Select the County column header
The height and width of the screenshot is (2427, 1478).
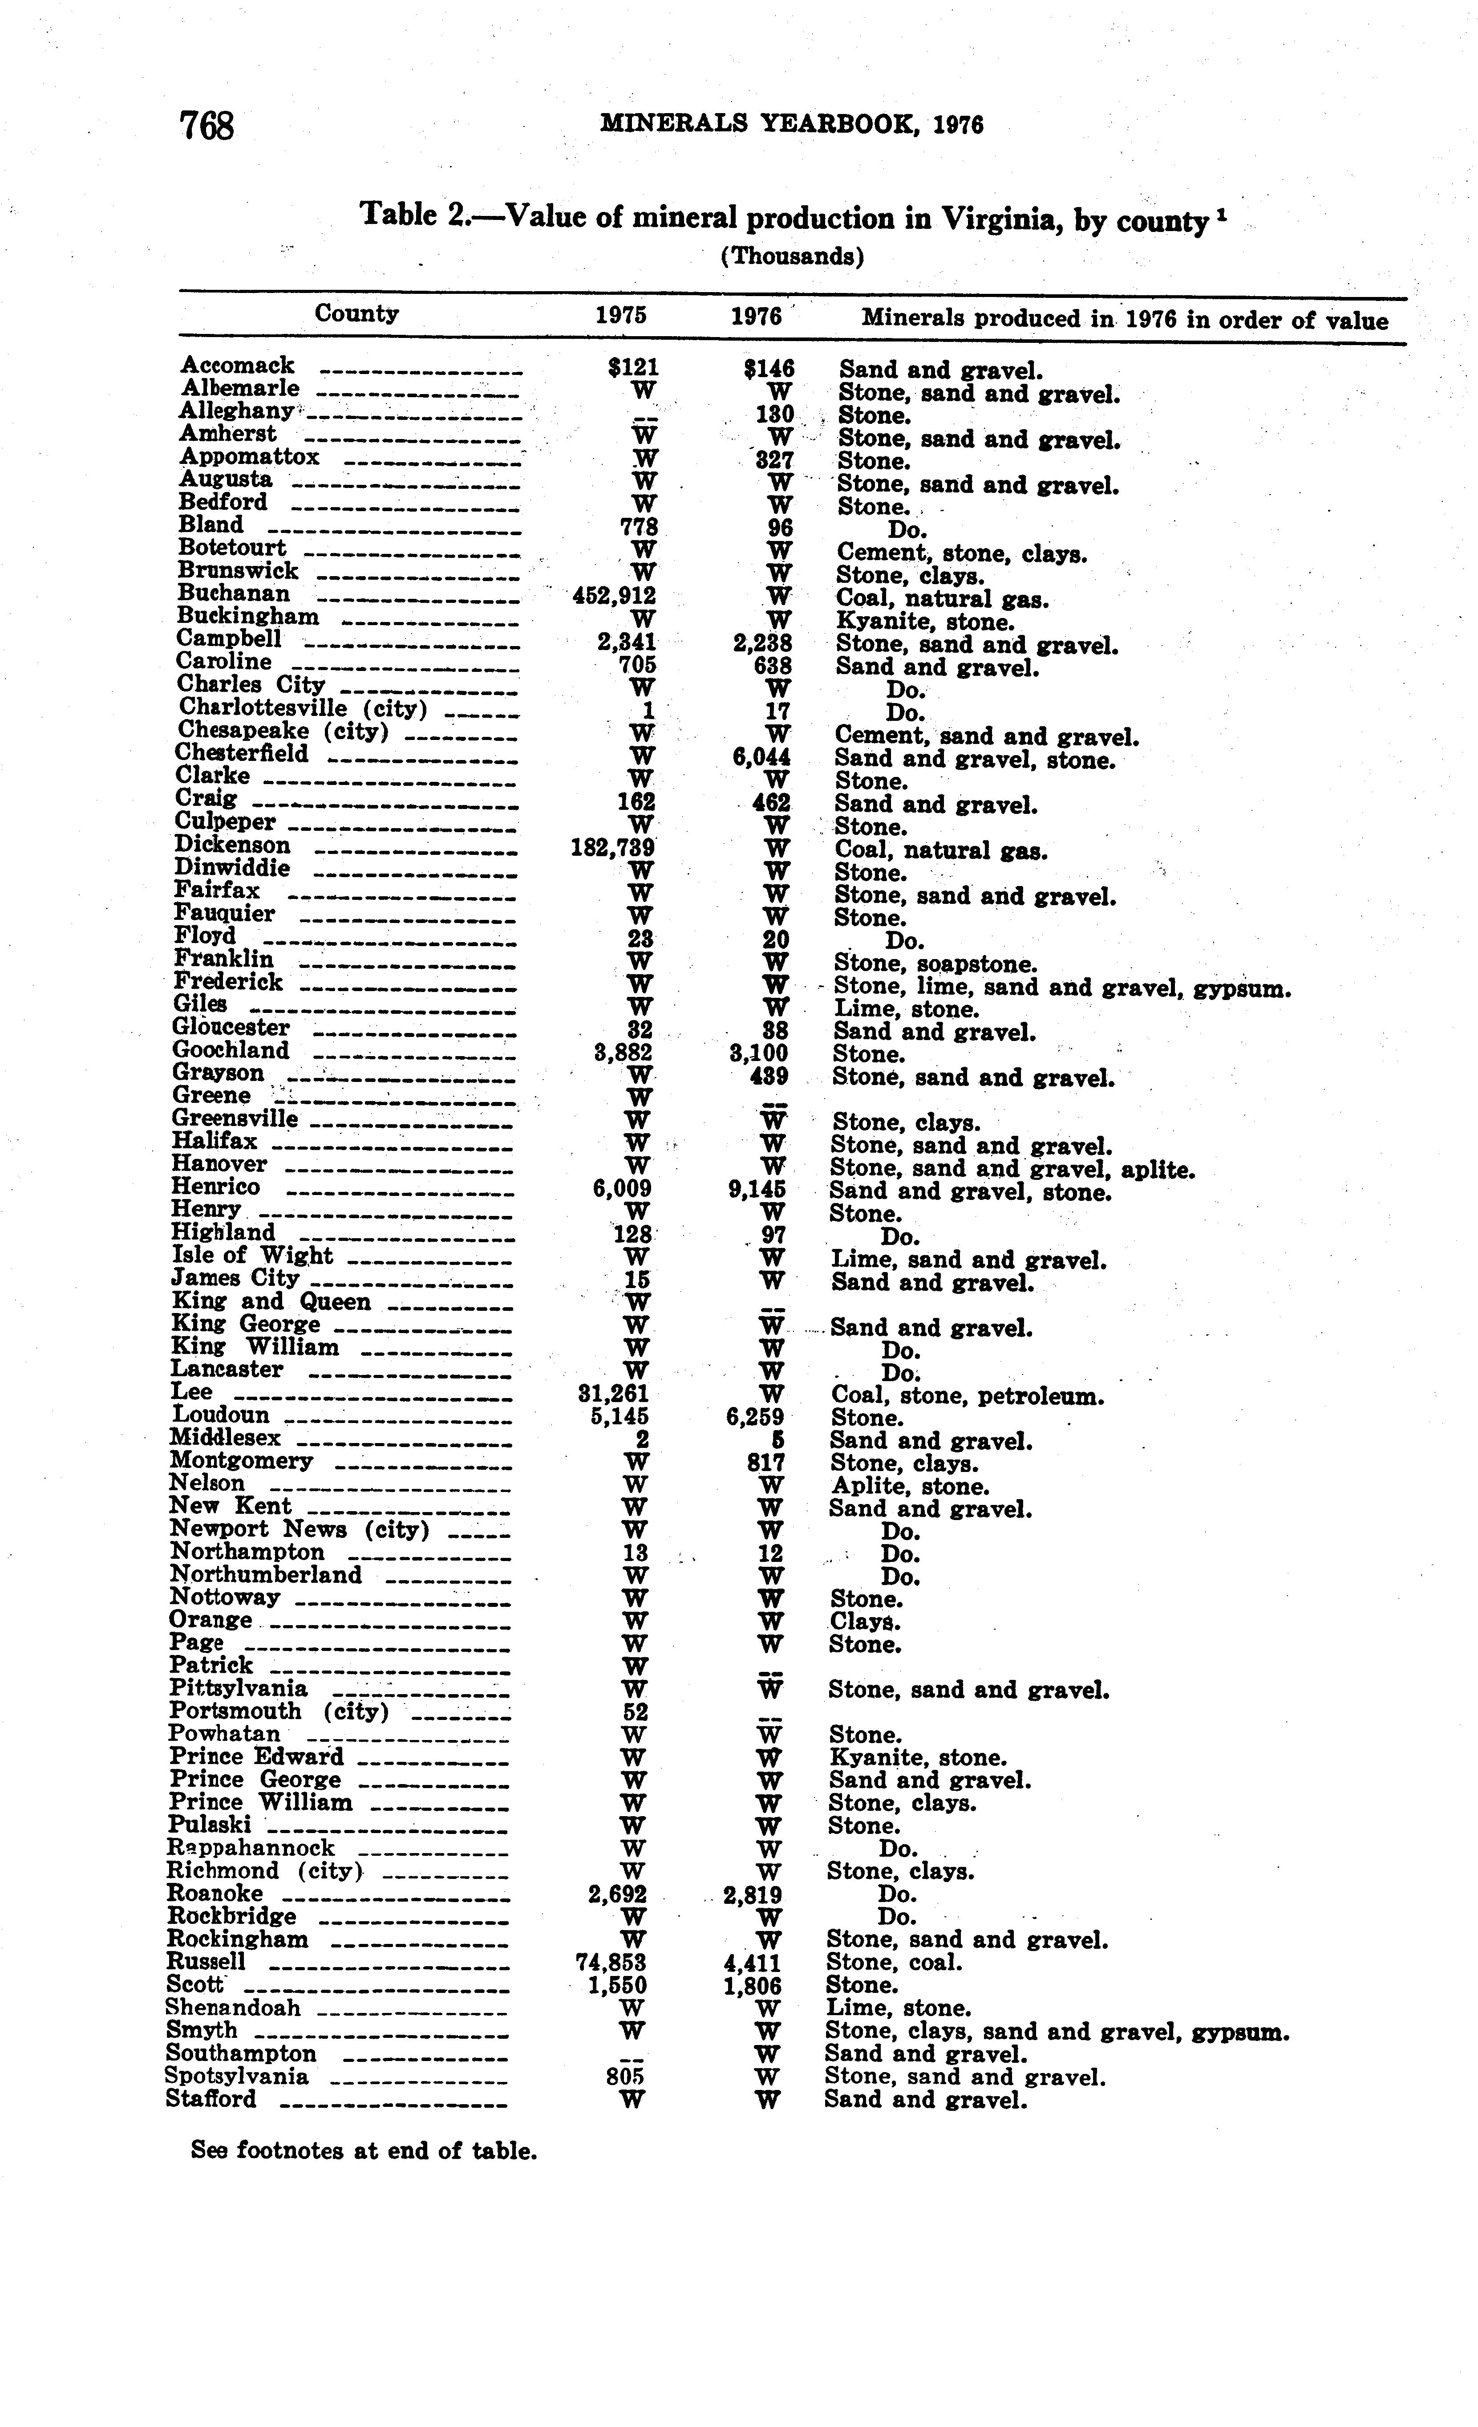coord(356,313)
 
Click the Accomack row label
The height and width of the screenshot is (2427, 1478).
coord(237,366)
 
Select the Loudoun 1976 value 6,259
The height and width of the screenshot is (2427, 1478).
coord(756,1416)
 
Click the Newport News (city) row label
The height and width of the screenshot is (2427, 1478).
coord(300,1530)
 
